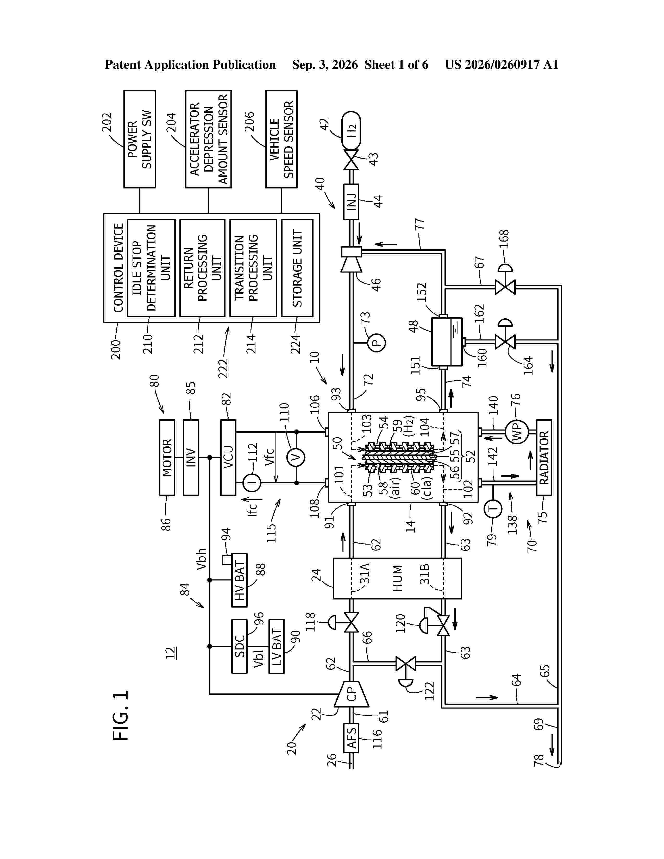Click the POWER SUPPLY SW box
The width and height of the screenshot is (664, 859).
[139, 139]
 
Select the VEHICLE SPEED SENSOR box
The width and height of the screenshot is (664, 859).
[281, 139]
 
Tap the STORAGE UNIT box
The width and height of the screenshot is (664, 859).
[297, 268]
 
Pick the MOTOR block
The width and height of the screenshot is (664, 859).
[167, 457]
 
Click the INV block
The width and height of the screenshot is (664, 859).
[191, 457]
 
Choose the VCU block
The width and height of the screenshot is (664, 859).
[228, 457]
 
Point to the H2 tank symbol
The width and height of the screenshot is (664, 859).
[351, 130]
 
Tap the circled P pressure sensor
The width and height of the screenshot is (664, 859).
[377, 343]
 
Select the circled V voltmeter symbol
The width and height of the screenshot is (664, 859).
[296, 457]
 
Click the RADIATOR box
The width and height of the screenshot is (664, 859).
[544, 457]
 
